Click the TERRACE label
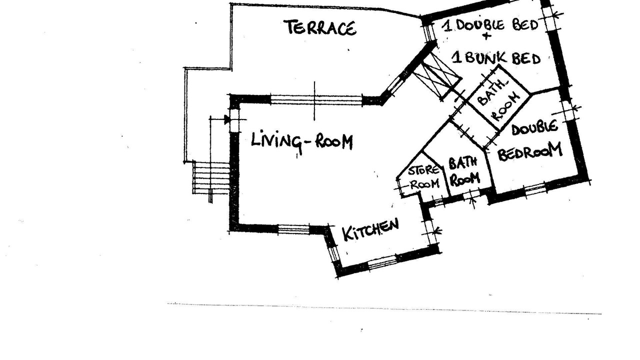(x=321, y=28)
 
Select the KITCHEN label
(x=370, y=229)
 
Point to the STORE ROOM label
(x=424, y=177)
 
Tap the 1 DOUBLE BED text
(x=489, y=25)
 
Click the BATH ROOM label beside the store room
(x=463, y=171)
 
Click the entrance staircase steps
(x=211, y=177)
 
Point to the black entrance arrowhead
(x=227, y=119)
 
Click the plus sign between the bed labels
(x=486, y=36)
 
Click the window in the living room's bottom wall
(x=293, y=229)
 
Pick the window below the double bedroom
(x=535, y=189)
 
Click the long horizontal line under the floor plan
(x=384, y=308)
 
